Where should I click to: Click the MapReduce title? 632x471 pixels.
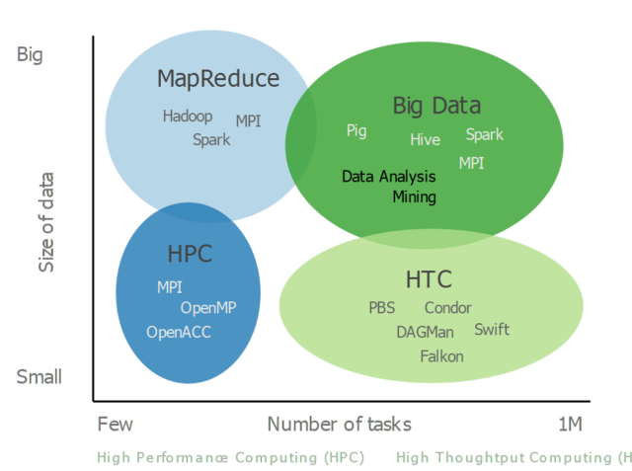coord(218,79)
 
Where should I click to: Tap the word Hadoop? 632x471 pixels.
coord(188,116)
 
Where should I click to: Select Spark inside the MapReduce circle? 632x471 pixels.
coord(211,139)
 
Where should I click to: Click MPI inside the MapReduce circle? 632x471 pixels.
coord(249,121)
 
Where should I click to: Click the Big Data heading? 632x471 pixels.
coord(436,106)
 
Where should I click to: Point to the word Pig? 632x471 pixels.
coord(356,130)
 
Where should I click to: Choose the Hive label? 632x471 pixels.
coord(425,140)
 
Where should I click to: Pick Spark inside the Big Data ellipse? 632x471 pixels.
coord(484,134)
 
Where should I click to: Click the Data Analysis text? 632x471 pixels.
coord(388,177)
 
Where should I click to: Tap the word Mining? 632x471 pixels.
coord(414,196)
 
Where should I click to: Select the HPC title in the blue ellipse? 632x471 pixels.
coord(190,254)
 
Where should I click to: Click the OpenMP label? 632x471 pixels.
coord(207,308)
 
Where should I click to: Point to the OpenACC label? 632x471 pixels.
coord(179,332)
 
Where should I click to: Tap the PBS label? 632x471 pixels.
coord(381,308)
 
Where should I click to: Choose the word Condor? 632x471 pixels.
coord(447,308)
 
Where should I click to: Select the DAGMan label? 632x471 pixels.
coord(426,332)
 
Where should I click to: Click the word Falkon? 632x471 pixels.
coord(441,356)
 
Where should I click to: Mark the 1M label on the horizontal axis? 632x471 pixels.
coord(570,425)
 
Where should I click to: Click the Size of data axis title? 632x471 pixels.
coord(46,222)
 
